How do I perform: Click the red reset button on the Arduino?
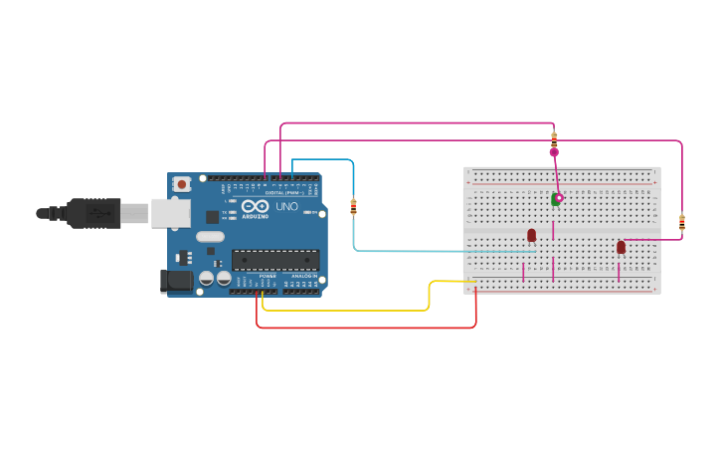pyautogui.click(x=182, y=184)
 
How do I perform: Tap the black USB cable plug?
pyautogui.click(x=94, y=213)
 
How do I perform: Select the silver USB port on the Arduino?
pyautogui.click(x=170, y=212)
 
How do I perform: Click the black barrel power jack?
pyautogui.click(x=177, y=281)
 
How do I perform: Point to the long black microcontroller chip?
pyautogui.click(x=275, y=260)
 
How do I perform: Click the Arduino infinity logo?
pyautogui.click(x=255, y=206)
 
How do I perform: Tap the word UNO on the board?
pyautogui.click(x=286, y=206)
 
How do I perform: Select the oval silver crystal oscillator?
pyautogui.click(x=211, y=237)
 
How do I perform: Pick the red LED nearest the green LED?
pyautogui.click(x=531, y=235)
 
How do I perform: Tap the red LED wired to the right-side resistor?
pyautogui.click(x=621, y=247)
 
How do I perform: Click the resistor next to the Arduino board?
pyautogui.click(x=353, y=206)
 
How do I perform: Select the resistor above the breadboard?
pyautogui.click(x=554, y=138)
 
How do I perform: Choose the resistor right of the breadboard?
pyautogui.click(x=681, y=222)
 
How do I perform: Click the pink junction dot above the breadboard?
pyautogui.click(x=554, y=152)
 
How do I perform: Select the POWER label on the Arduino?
pyautogui.click(x=268, y=276)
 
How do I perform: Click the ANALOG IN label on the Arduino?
pyautogui.click(x=303, y=276)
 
